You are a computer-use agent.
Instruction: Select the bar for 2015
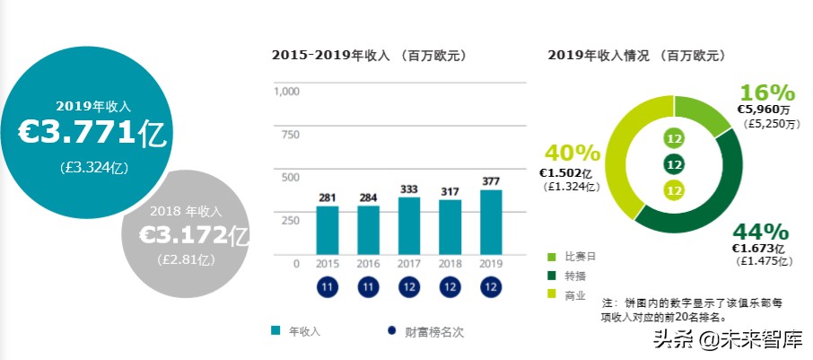327,231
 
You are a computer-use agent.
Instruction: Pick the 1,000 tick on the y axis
286,92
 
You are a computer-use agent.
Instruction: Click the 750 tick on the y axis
290,135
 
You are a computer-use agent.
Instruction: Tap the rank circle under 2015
327,288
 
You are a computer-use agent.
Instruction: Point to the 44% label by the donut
760,232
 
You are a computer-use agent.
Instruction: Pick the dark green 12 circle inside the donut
675,164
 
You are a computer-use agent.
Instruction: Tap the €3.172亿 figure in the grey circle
193,236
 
